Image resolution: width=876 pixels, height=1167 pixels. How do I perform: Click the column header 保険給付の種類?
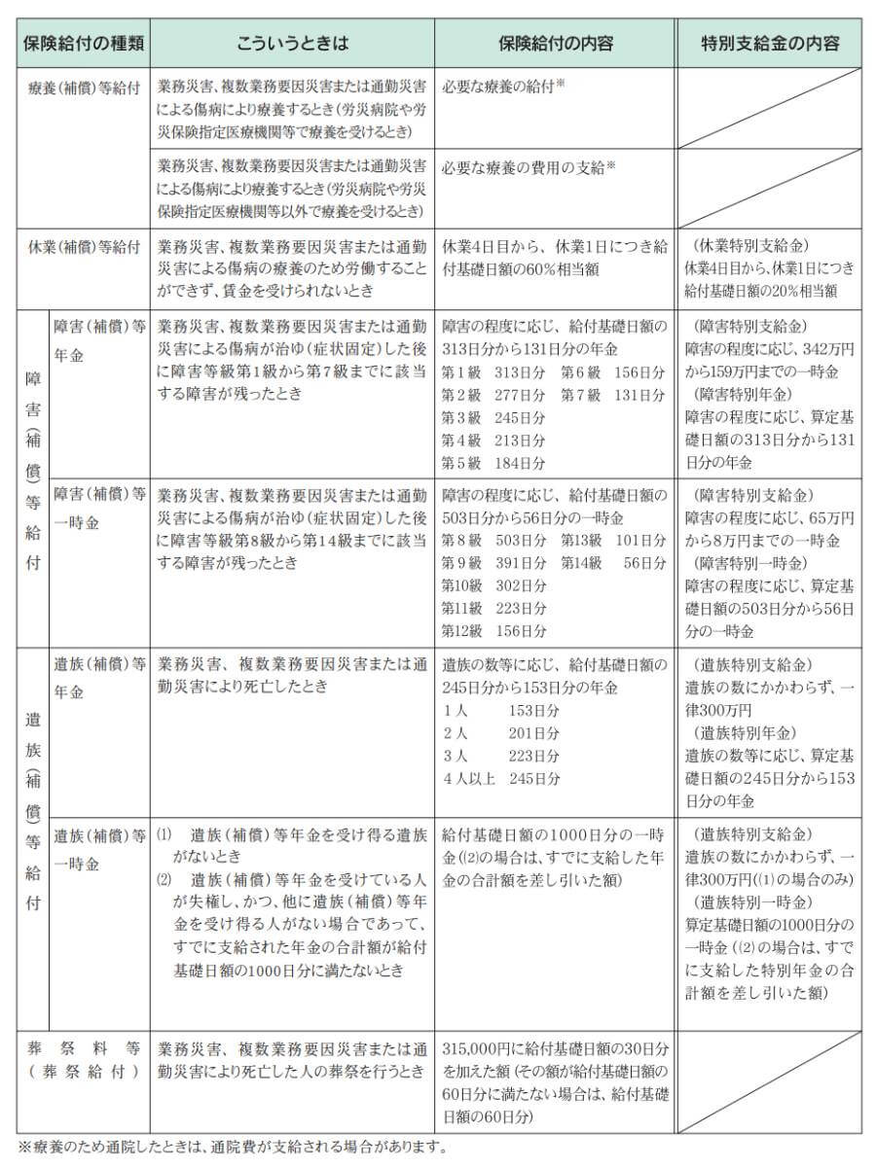[x=83, y=44]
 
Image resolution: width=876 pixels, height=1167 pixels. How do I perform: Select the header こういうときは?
[x=292, y=44]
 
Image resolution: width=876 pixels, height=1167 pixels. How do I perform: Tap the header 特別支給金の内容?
[x=770, y=44]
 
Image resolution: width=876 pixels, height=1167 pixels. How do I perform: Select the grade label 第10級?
[x=461, y=585]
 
